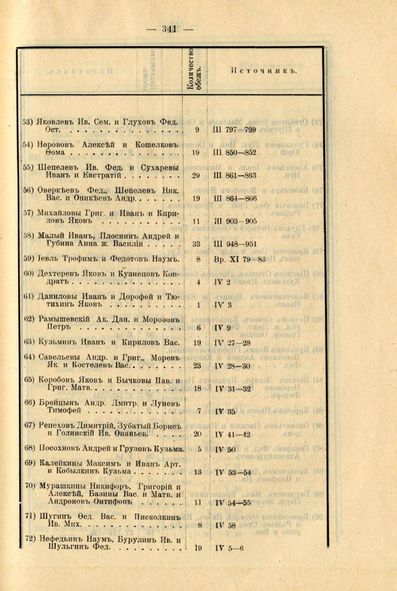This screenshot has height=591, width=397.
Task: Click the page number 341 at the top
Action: (170, 29)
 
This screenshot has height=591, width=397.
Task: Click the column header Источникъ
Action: (264, 71)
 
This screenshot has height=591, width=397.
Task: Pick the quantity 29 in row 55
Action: (196, 175)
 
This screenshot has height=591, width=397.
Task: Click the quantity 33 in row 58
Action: (196, 244)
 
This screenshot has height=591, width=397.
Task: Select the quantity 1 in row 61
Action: (198, 305)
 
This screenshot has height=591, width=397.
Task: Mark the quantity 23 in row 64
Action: (197, 366)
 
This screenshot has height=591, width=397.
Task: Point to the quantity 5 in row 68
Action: (199, 449)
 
